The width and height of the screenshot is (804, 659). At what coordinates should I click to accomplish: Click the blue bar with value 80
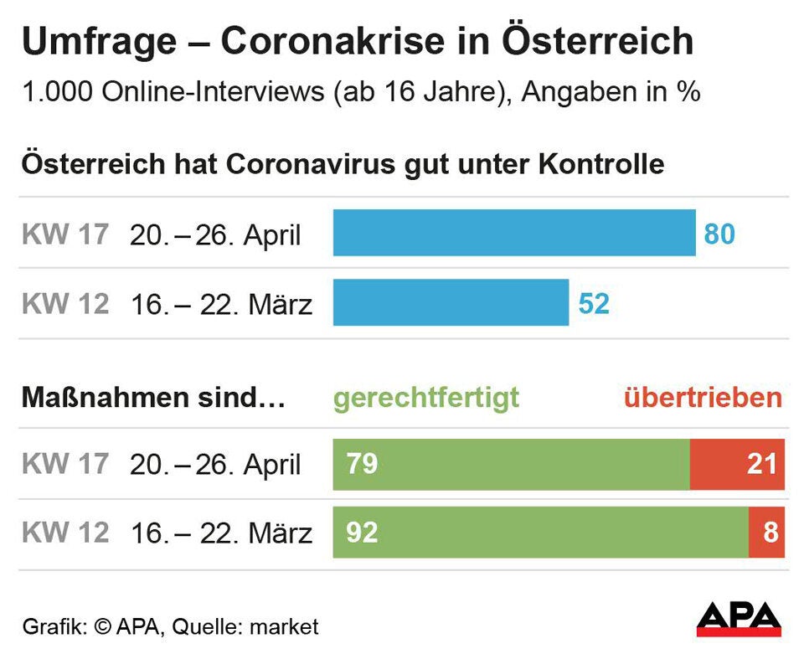[x=513, y=233]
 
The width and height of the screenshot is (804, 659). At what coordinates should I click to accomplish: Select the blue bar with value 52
[x=451, y=302]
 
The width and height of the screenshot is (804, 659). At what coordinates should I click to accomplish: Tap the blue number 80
[x=719, y=234]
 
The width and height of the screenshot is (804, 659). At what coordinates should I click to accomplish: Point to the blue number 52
[x=594, y=303]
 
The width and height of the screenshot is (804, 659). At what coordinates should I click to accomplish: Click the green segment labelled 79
[x=511, y=464]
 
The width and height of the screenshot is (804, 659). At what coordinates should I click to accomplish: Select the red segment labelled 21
[x=737, y=464]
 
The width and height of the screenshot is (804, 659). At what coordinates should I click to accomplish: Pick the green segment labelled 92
[x=540, y=532]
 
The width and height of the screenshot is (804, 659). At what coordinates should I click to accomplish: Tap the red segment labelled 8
[x=767, y=532]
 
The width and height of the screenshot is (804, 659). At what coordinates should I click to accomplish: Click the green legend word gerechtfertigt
[x=425, y=397]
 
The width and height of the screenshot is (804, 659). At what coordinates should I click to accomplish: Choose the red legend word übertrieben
[x=703, y=397]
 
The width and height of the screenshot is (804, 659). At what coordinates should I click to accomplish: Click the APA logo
[x=739, y=619]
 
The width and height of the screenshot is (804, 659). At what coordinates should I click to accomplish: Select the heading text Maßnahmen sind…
[x=153, y=397]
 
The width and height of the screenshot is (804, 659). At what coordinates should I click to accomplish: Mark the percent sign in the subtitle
[x=688, y=93]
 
